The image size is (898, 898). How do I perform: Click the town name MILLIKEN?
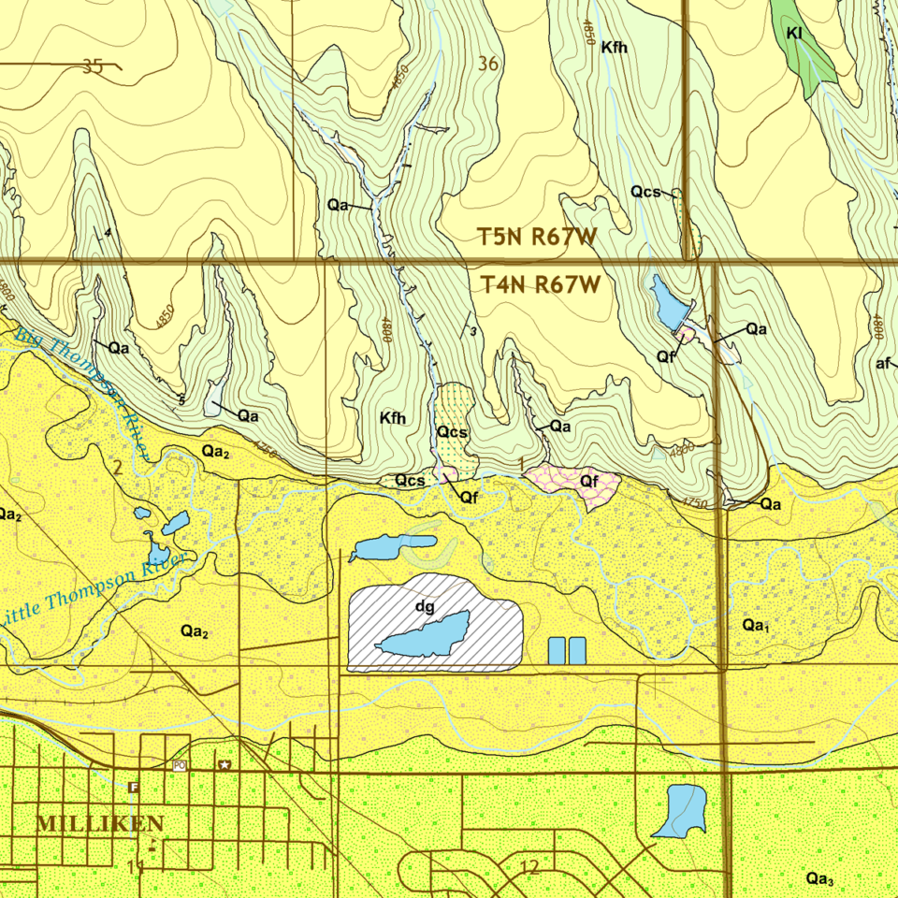[100, 824]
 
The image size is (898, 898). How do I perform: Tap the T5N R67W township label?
[537, 237]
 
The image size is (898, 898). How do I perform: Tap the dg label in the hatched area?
[425, 606]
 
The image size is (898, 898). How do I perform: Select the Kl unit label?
[795, 33]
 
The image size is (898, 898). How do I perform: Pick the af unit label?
[882, 364]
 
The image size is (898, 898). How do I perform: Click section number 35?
[92, 66]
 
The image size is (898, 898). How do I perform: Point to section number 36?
[487, 64]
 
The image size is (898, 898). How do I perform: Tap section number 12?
[529, 867]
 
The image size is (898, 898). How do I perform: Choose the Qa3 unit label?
[819, 877]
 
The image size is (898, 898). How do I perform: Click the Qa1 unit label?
[755, 624]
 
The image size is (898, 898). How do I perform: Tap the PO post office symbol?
[180, 765]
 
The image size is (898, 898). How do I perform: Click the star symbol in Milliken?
[224, 765]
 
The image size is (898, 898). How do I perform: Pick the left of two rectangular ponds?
[556, 650]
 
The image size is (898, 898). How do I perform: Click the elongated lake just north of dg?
[393, 546]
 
